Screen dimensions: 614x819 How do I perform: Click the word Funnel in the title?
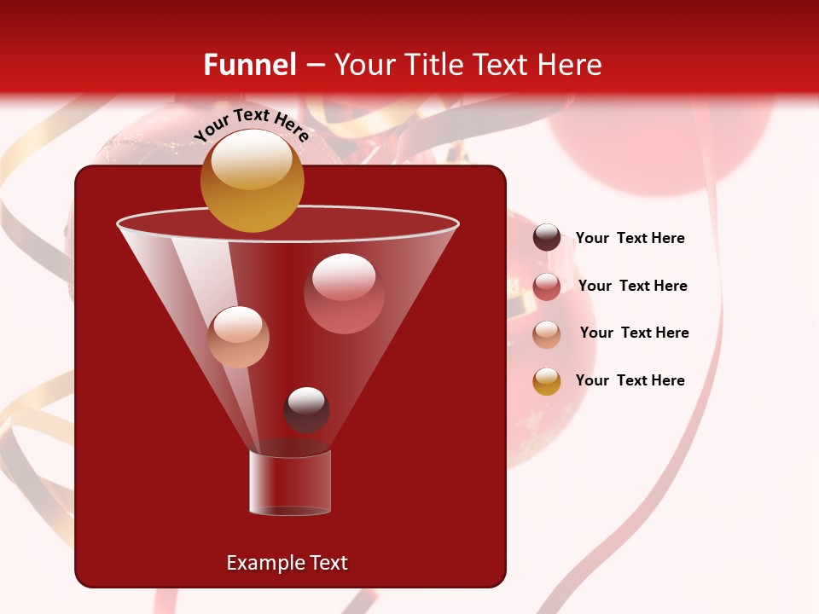[x=249, y=65]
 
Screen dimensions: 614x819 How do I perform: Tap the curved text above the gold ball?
[x=252, y=125]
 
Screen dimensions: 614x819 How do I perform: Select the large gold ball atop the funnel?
[x=252, y=183]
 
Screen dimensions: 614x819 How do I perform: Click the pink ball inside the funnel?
[x=344, y=293]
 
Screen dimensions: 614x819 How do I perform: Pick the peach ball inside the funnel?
[x=238, y=336]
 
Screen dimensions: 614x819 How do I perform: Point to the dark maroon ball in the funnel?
[x=306, y=409]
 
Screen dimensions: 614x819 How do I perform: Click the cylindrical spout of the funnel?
[x=290, y=482]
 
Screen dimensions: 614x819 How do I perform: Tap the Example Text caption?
[x=287, y=563]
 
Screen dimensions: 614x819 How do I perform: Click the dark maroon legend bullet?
[x=547, y=238]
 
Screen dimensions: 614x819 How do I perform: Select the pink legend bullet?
[x=547, y=287]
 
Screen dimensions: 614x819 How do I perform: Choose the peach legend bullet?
[x=547, y=334]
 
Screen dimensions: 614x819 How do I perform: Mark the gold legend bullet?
[x=547, y=381]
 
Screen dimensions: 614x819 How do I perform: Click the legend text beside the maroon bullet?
[x=630, y=239]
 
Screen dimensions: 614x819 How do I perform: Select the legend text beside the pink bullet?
[x=632, y=287]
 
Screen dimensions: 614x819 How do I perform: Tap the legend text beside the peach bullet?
[x=634, y=333]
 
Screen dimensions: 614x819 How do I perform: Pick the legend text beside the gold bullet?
[x=630, y=381]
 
